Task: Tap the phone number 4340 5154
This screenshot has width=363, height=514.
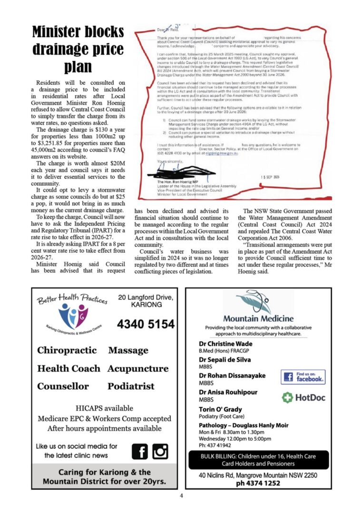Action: tap(146, 324)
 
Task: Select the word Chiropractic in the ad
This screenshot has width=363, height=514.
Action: tap(67, 350)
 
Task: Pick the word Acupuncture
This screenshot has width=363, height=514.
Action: tap(138, 368)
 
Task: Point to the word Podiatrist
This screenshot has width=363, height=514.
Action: tap(131, 386)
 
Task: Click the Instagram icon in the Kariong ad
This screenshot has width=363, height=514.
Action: tap(160, 451)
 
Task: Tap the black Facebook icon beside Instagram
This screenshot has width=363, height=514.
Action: tap(140, 451)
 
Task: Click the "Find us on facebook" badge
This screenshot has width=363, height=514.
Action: tap(303, 377)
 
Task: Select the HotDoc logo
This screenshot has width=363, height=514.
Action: tap(303, 397)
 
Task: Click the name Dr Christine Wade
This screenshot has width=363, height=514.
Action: tap(226, 344)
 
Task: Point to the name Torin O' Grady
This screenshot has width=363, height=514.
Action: tap(220, 409)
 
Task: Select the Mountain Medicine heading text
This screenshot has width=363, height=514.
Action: tap(258, 318)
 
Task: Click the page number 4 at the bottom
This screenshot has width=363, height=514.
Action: tap(181, 496)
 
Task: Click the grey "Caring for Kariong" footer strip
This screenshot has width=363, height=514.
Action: tap(105, 476)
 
